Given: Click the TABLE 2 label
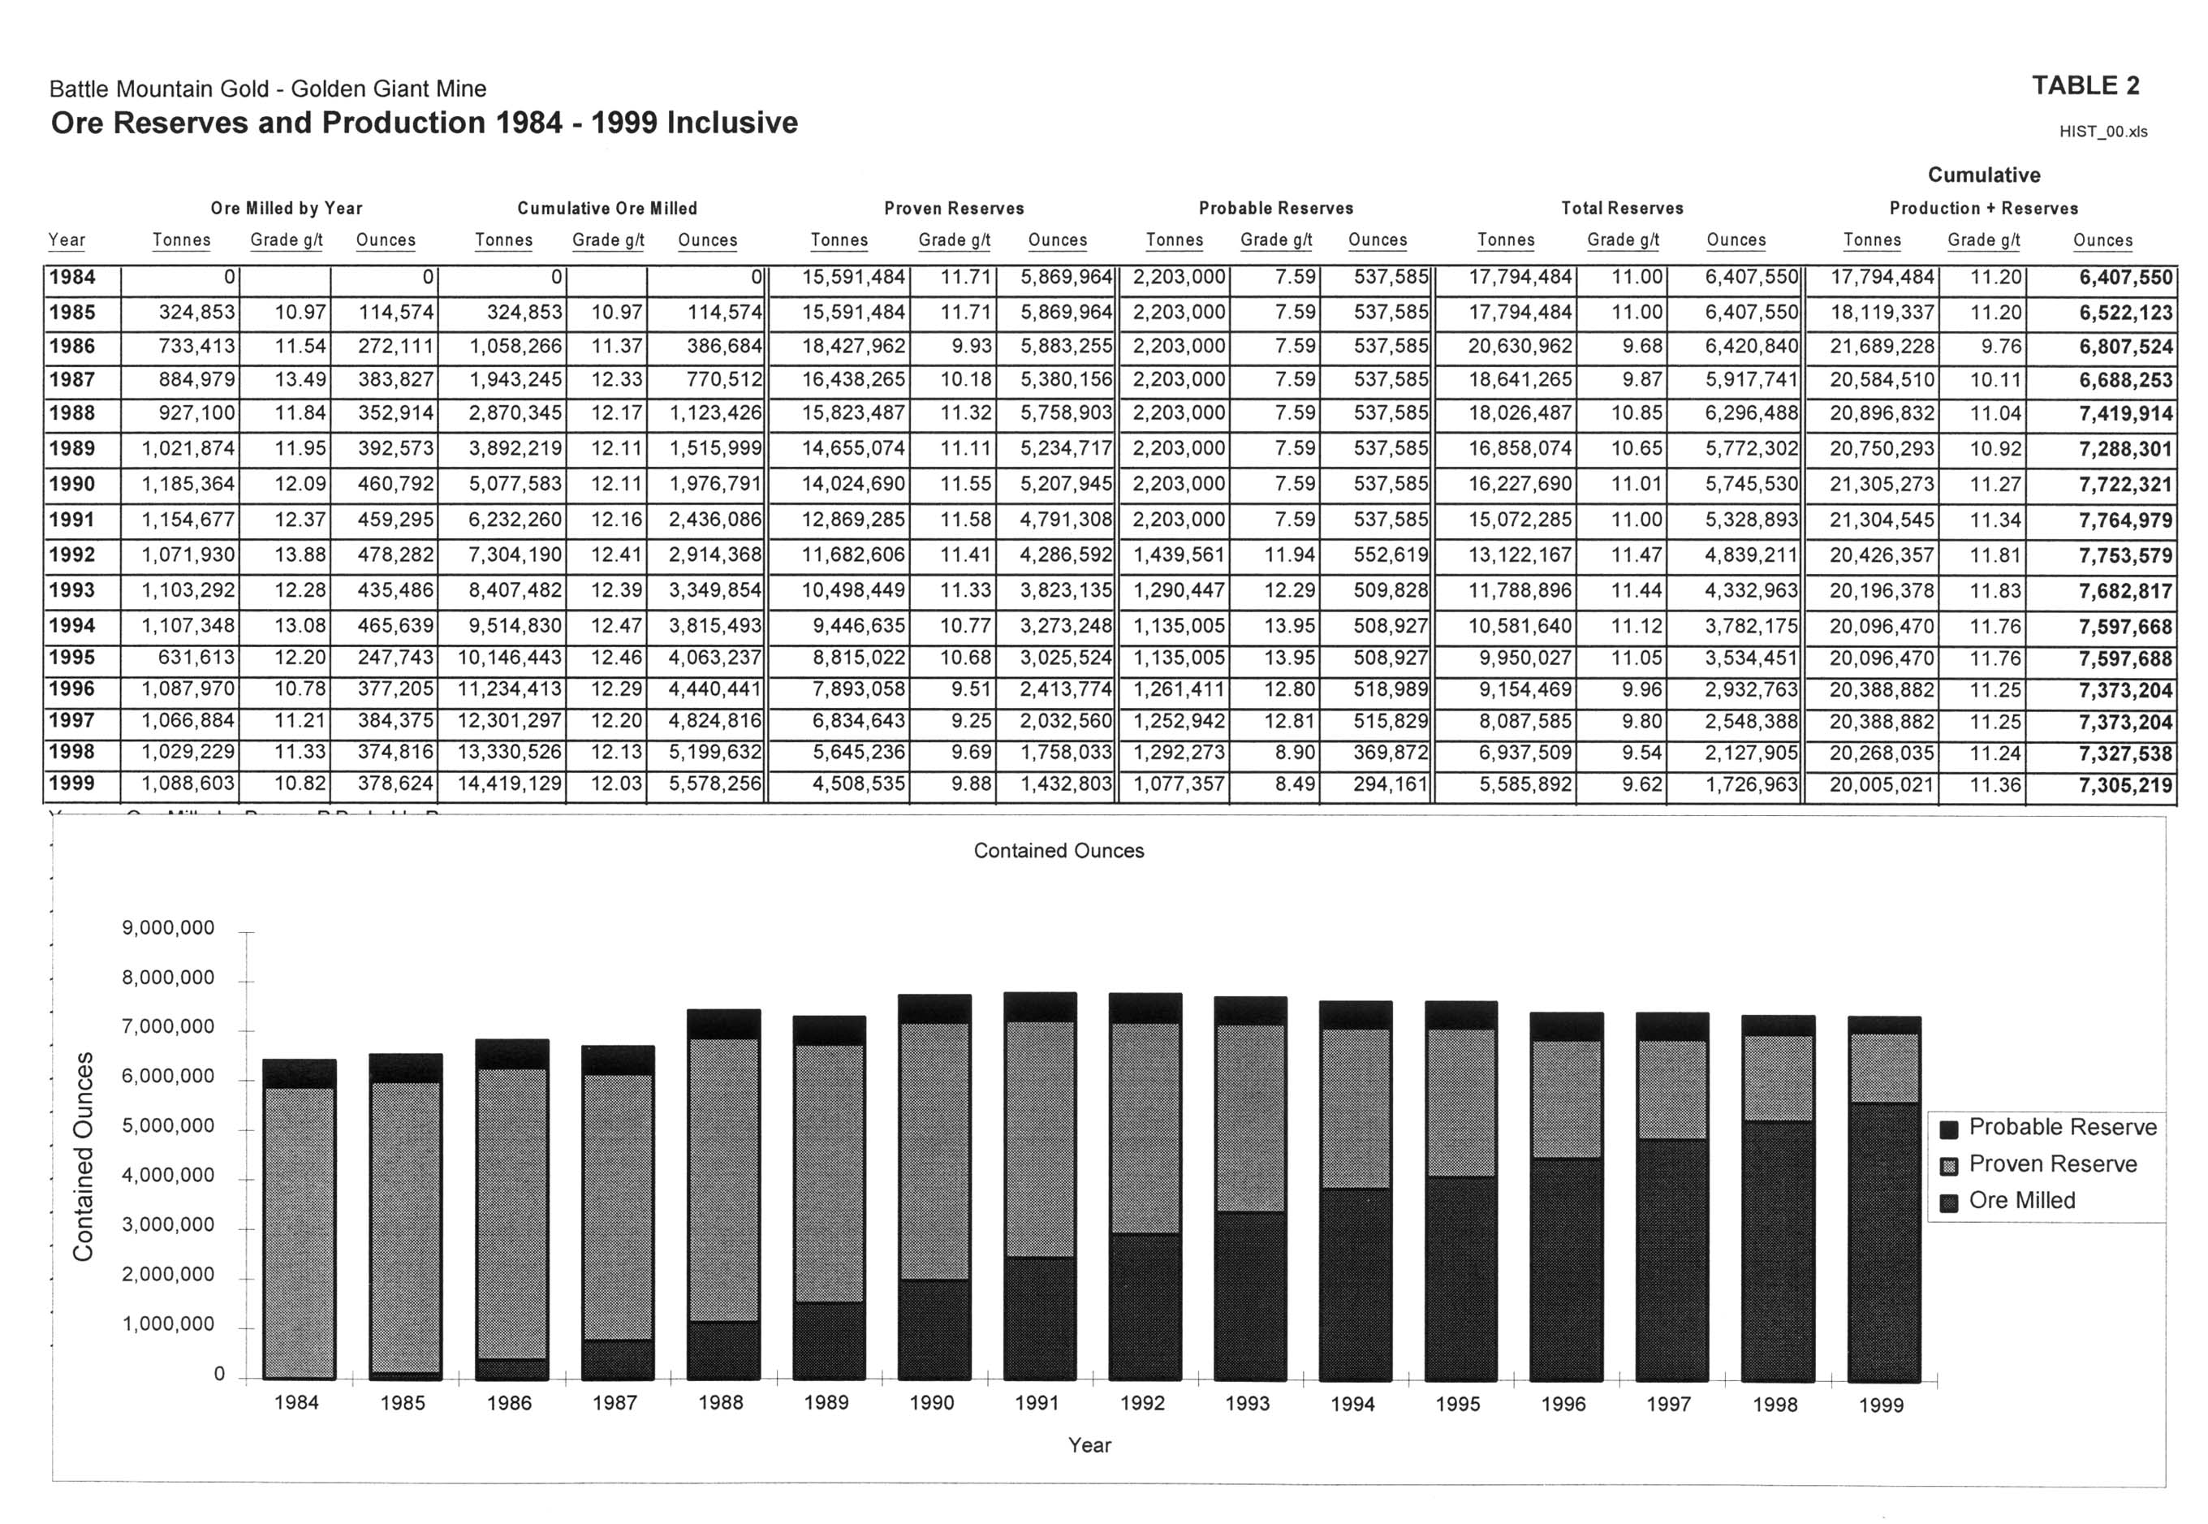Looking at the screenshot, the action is click(2085, 86).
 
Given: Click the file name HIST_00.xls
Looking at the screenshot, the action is click(2103, 132).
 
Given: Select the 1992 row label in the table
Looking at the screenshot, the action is click(72, 555).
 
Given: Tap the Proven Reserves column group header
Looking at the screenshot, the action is click(954, 208).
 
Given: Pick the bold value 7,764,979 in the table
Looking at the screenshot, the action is click(2126, 520).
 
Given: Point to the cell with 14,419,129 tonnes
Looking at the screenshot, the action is click(510, 784).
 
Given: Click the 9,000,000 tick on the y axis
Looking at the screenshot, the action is click(169, 928).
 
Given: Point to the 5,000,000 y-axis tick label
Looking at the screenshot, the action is click(169, 1126).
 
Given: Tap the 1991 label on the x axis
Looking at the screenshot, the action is click(1037, 1403).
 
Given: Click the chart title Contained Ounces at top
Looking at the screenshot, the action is click(1059, 851).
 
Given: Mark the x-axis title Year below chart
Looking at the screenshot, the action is click(1090, 1444).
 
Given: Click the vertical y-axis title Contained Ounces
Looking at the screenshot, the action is click(84, 1156).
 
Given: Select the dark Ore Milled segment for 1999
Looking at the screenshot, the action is click(1884, 1242).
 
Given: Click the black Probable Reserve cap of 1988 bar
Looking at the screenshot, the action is click(723, 1024).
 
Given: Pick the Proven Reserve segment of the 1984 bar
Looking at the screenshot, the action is click(299, 1233).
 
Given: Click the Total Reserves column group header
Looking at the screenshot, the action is click(1622, 208).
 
